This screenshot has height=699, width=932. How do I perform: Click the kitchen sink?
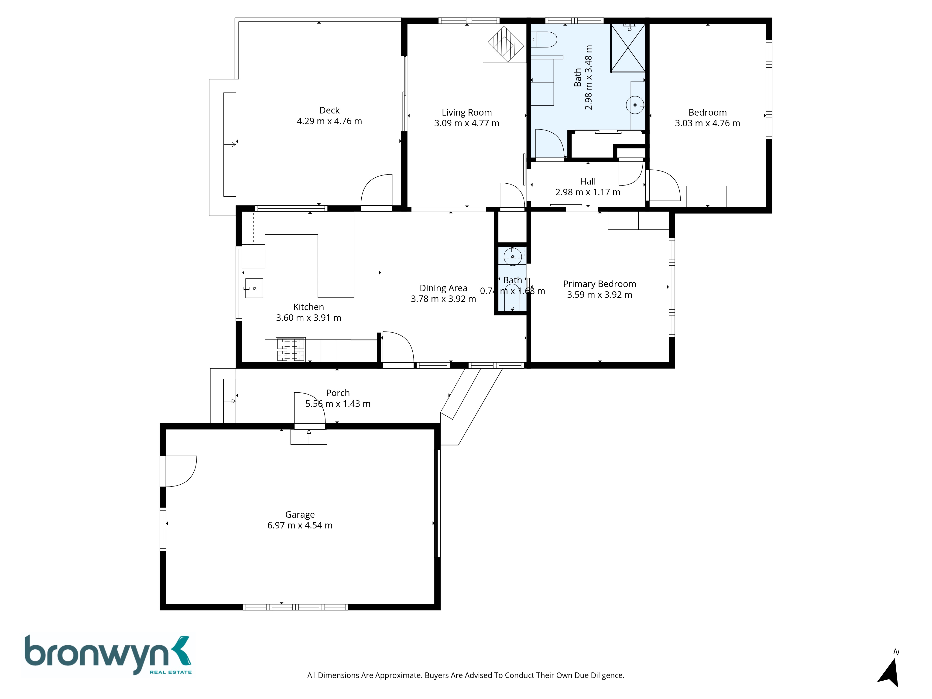[x=254, y=288]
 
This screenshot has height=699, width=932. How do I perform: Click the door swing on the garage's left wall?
[x=181, y=471]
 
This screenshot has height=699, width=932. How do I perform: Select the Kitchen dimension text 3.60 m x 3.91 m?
[x=308, y=318]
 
